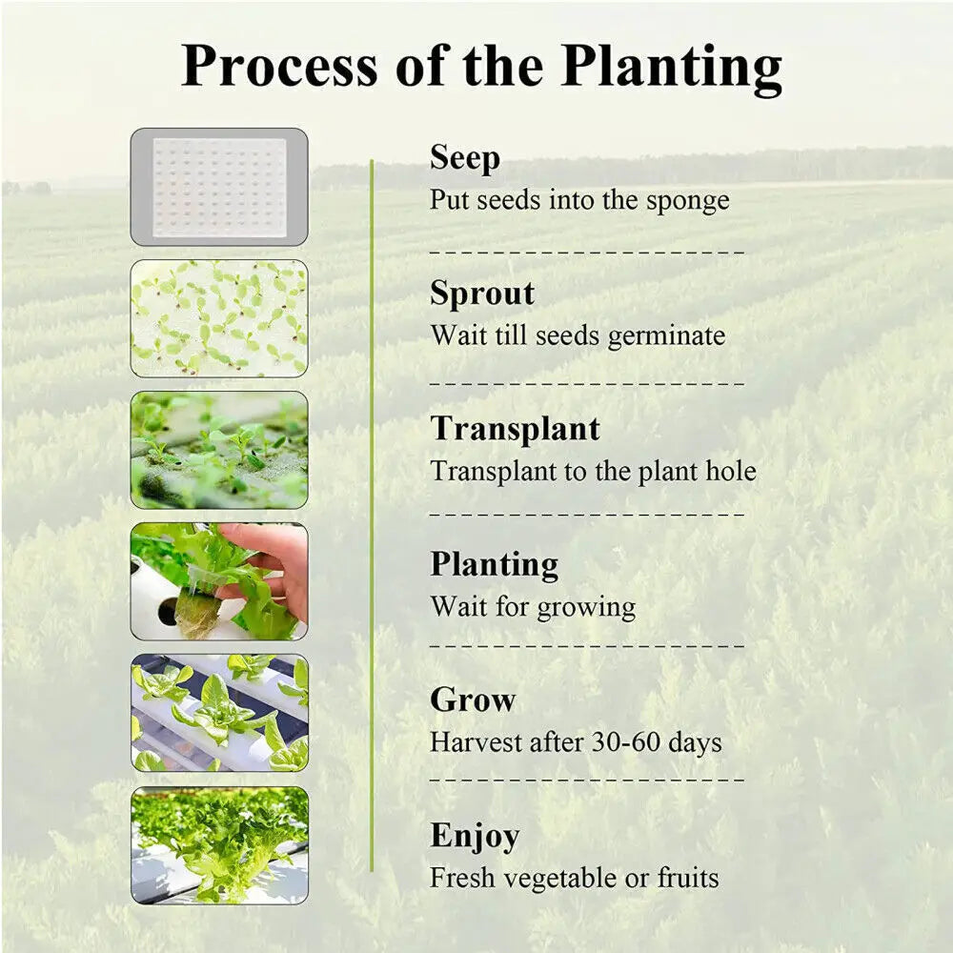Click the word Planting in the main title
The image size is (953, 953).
click(x=671, y=67)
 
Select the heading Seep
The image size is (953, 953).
click(x=464, y=157)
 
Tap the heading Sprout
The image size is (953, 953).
click(x=482, y=294)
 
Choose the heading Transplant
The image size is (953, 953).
click(x=515, y=429)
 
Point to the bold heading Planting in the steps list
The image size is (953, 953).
click(x=494, y=565)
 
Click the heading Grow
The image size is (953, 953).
click(x=473, y=700)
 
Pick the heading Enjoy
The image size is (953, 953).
click(x=475, y=836)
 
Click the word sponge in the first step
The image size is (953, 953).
click(x=687, y=201)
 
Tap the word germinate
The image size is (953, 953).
click(x=666, y=336)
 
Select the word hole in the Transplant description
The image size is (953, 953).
click(x=730, y=472)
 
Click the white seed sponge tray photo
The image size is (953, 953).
click(x=219, y=187)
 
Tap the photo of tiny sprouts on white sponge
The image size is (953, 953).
click(x=219, y=317)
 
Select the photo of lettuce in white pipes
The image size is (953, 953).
click(x=219, y=713)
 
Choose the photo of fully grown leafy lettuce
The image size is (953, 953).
click(x=219, y=844)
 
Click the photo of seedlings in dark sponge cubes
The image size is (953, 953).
click(x=219, y=450)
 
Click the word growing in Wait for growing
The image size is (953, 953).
click(x=586, y=607)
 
